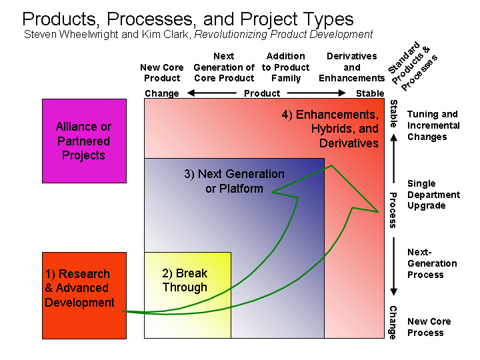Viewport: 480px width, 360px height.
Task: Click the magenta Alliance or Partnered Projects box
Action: (84, 141)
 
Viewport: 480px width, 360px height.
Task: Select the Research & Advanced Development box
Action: (84, 295)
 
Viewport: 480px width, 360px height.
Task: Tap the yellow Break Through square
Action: (187, 295)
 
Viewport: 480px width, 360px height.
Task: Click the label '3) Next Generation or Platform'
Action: (234, 181)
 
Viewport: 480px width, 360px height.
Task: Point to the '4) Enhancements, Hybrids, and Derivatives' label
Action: (330, 129)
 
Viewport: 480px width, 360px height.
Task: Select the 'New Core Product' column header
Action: (162, 73)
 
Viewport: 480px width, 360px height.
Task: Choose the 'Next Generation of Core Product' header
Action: (224, 67)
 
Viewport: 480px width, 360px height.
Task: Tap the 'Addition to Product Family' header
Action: (285, 67)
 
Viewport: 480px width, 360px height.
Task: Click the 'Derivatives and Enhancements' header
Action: (352, 67)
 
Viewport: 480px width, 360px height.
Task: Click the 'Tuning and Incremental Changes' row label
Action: (433, 125)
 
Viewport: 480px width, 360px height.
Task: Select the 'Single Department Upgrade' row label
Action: (433, 194)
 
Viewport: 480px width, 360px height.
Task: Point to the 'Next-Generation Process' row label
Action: (432, 263)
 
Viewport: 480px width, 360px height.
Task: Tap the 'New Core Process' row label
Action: (429, 327)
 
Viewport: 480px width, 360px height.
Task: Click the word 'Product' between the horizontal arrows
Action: (262, 93)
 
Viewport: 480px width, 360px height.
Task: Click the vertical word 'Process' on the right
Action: (393, 210)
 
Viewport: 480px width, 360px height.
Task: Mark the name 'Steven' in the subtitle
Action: (39, 34)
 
